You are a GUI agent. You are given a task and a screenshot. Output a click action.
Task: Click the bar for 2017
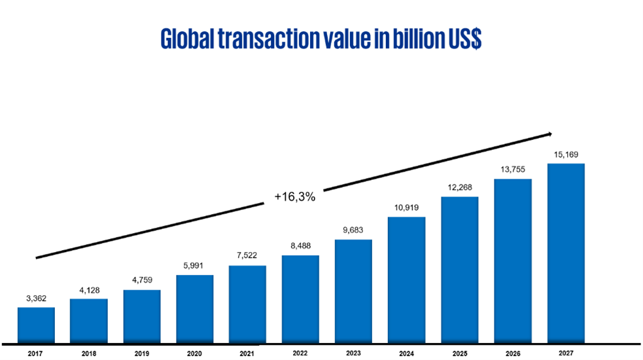click(x=36, y=325)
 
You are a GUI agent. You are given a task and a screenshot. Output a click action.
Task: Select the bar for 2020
click(x=195, y=308)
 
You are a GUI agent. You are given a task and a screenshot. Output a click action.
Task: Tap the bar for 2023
click(x=353, y=291)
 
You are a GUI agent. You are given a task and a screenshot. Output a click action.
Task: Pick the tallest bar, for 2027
click(x=565, y=253)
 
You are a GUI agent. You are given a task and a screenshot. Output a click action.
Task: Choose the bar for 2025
click(x=459, y=269)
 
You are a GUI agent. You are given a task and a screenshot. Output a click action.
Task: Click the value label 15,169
click(x=565, y=155)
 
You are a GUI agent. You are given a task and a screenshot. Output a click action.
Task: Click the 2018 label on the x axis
click(x=89, y=353)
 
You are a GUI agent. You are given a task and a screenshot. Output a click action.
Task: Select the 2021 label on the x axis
click(x=247, y=353)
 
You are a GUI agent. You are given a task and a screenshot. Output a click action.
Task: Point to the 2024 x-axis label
click(x=406, y=353)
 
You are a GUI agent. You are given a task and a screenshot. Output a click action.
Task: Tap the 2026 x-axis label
click(x=512, y=353)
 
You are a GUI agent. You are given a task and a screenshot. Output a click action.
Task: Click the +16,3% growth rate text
click(x=295, y=196)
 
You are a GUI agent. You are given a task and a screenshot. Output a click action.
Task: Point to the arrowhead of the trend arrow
click(x=549, y=135)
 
